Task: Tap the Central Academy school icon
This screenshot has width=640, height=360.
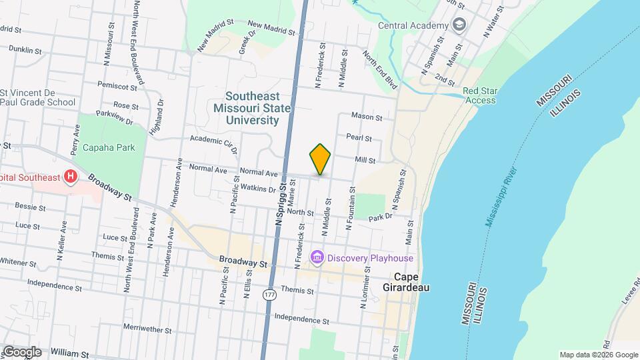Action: [459, 25]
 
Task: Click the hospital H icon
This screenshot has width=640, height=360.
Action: [71, 177]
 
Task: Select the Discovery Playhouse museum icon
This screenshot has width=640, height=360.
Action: [317, 258]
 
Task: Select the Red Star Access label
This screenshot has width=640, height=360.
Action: [479, 95]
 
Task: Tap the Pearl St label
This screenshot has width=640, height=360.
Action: [359, 137]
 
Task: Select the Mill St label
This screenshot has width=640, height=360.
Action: [365, 160]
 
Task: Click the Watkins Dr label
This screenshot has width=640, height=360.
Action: [258, 189]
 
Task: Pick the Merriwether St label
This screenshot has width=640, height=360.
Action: [147, 329]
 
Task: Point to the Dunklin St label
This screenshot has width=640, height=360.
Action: [26, 50]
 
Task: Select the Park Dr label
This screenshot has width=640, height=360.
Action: [378, 217]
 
